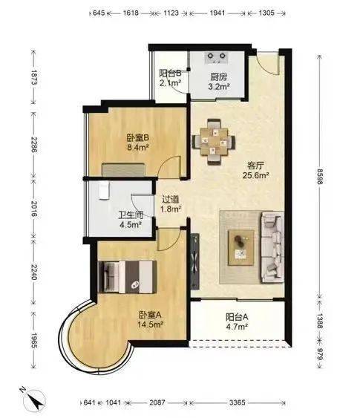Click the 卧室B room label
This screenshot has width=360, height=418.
click(x=137, y=138)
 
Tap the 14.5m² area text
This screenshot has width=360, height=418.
click(x=150, y=324)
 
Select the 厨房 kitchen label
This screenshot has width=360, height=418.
click(x=219, y=77)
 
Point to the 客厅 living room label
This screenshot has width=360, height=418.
click(x=255, y=166)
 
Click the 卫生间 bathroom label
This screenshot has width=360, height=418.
click(x=131, y=215)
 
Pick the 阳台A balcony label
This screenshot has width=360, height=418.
click(x=237, y=317)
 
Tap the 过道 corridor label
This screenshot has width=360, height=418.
click(x=171, y=200)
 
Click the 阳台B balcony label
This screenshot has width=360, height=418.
click(x=170, y=74)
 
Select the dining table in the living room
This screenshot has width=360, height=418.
click(x=214, y=142)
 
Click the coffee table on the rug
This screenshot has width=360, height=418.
click(x=241, y=248)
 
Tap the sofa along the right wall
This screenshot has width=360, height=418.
click(x=272, y=247)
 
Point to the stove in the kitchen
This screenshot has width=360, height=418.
click(x=217, y=58)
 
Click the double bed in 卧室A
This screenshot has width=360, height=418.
click(x=128, y=277)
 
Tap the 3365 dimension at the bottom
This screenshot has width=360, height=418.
click(x=238, y=402)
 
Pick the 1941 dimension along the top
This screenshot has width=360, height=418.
click(x=217, y=13)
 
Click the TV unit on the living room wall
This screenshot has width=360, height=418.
click(x=195, y=262)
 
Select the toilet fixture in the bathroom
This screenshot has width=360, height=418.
click(x=104, y=191)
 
